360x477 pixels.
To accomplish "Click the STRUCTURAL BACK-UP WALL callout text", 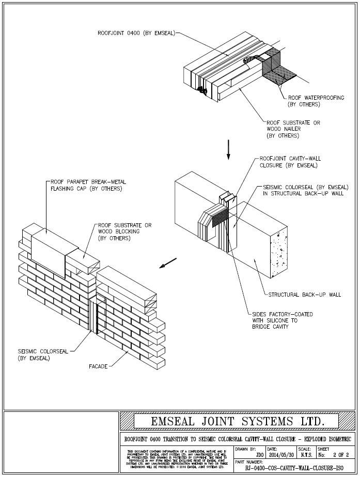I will click(304, 295).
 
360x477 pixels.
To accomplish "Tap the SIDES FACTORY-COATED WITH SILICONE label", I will click(282, 320).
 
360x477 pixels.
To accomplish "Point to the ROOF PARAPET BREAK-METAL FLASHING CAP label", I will click(88, 186).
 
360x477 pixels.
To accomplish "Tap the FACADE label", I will click(98, 366).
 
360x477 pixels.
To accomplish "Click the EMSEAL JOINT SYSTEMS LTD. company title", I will click(238, 422).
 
